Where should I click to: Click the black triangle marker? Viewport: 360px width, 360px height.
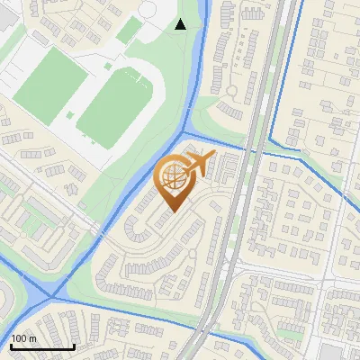(x=180, y=24)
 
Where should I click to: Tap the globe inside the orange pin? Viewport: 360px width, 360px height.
(x=170, y=175)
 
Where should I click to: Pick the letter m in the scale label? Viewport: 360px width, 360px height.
(x=33, y=338)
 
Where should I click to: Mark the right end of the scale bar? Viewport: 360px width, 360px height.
(x=75, y=346)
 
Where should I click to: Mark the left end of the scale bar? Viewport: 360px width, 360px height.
(x=11, y=346)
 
